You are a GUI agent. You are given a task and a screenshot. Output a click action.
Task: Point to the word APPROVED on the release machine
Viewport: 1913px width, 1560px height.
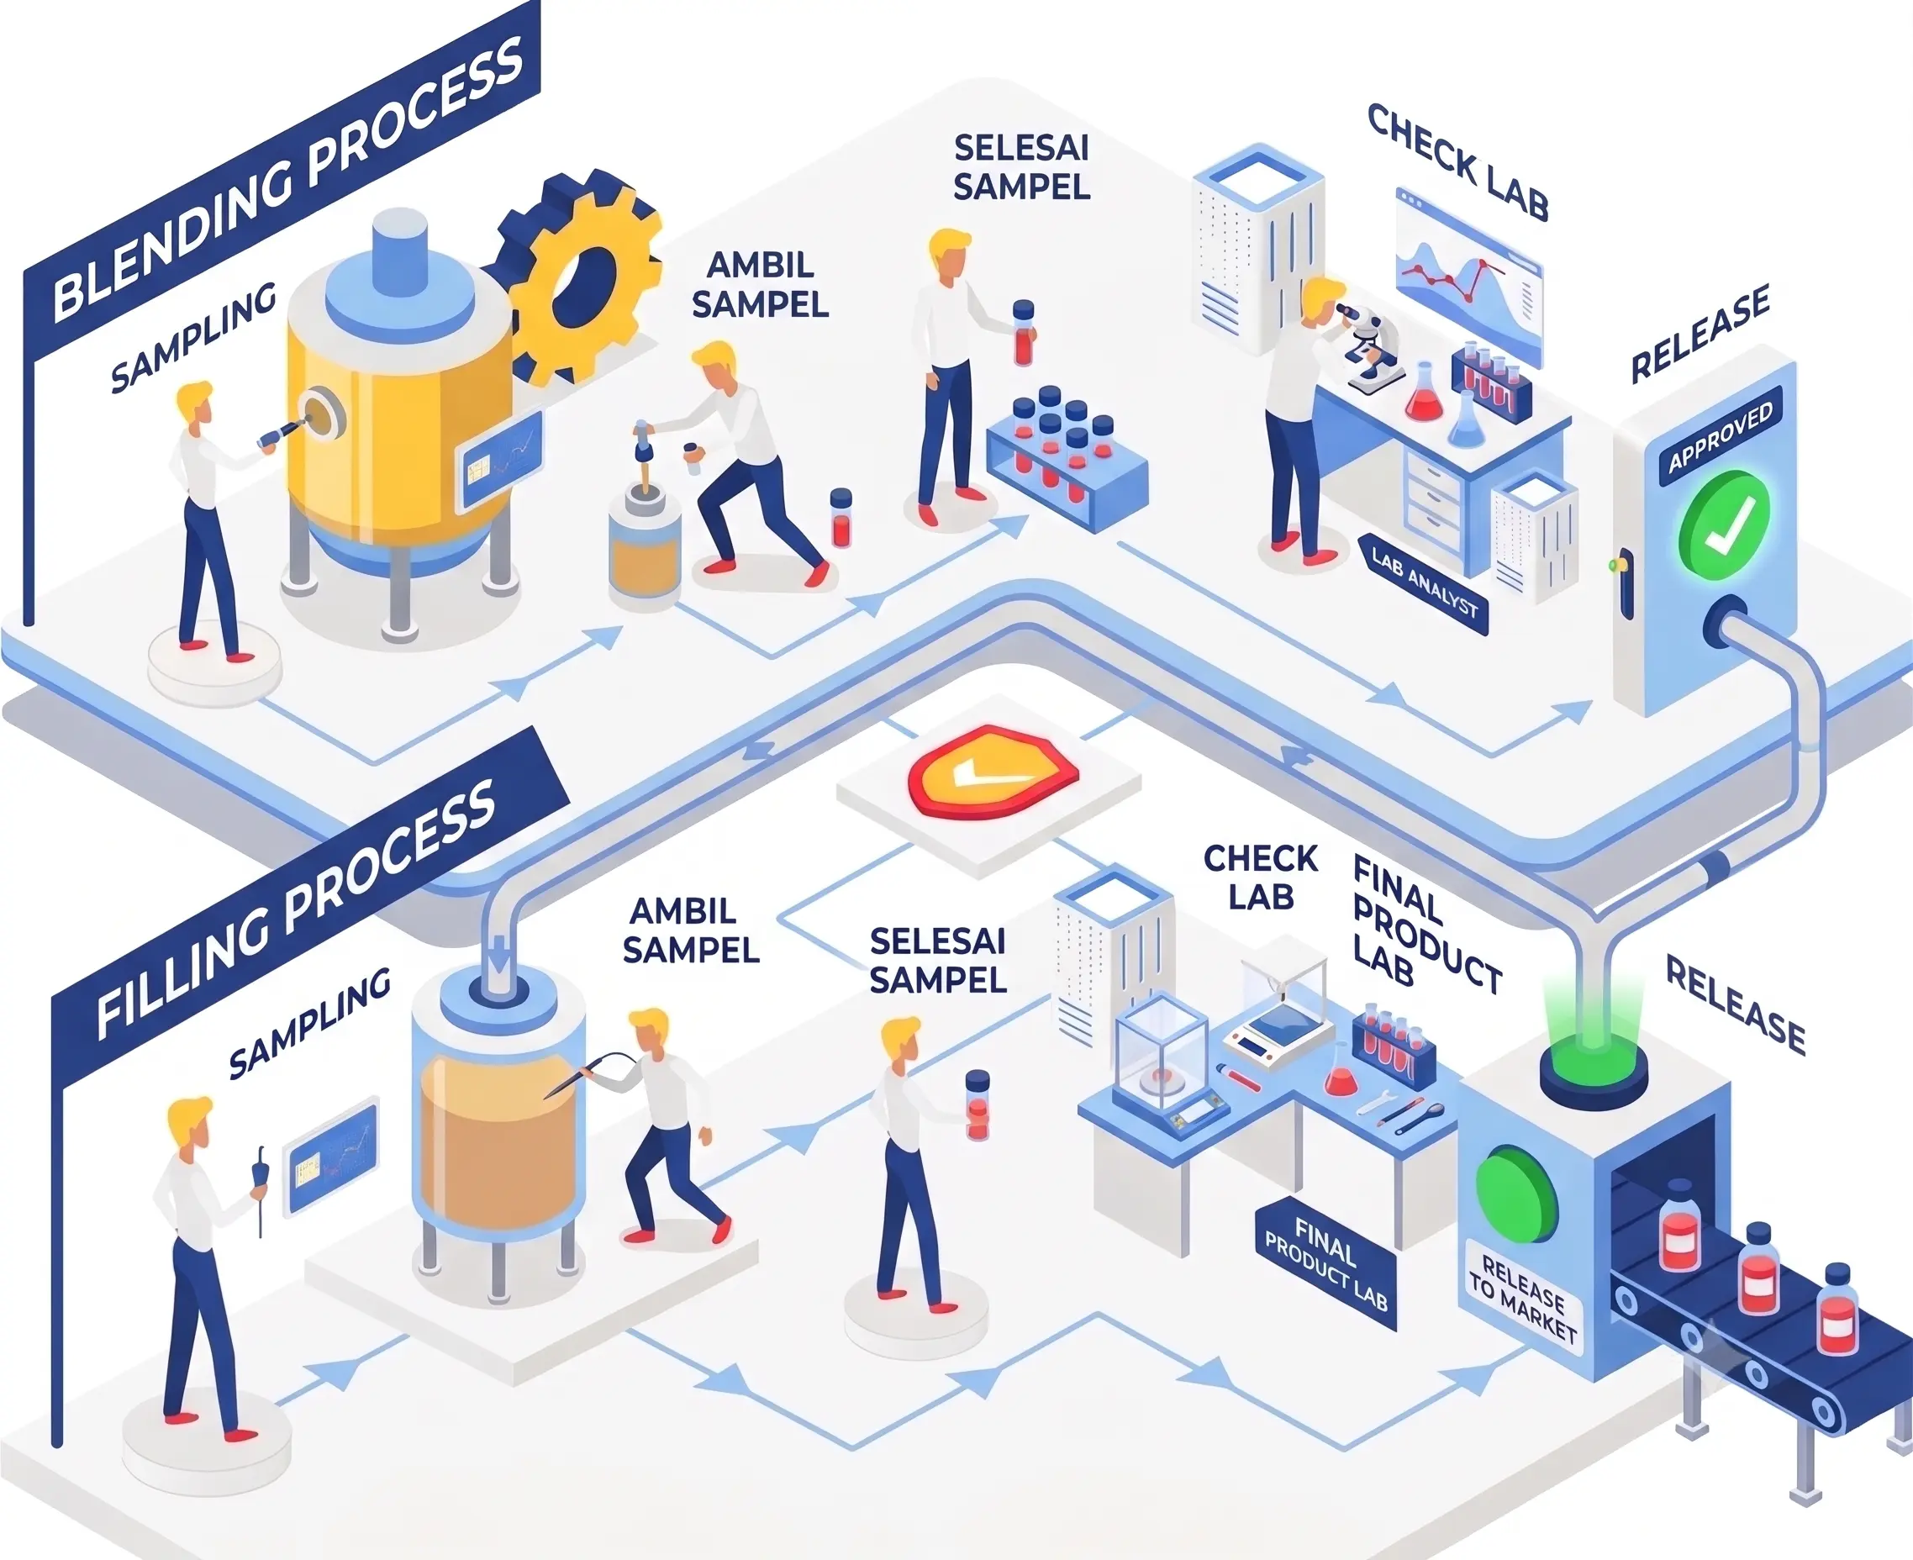(1721, 437)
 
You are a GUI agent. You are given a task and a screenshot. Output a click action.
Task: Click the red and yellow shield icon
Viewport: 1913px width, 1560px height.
(993, 770)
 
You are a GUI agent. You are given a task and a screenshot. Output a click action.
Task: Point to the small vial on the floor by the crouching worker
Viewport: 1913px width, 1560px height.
(841, 518)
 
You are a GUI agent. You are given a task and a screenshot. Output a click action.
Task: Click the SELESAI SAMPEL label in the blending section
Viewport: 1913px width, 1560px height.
(1022, 167)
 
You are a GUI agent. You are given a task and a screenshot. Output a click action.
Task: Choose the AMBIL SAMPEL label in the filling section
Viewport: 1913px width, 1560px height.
(690, 931)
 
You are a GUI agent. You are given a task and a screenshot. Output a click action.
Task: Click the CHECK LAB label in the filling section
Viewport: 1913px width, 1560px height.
(1260, 877)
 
